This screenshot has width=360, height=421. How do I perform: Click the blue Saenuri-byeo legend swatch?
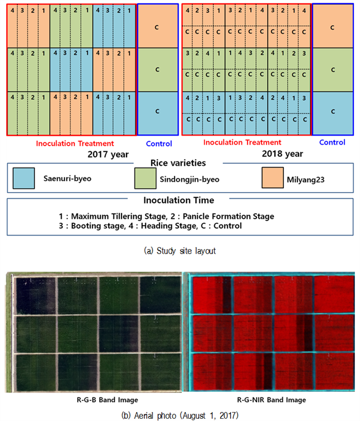click(x=24, y=178)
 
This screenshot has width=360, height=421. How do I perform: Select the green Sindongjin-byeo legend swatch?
click(x=145, y=178)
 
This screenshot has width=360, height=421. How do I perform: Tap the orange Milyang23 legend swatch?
click(x=273, y=177)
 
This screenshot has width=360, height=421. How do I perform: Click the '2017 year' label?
click(x=108, y=155)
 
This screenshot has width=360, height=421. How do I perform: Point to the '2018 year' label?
click(x=282, y=154)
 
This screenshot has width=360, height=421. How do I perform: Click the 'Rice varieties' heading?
click(x=178, y=163)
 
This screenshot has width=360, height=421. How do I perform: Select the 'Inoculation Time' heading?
click(x=179, y=200)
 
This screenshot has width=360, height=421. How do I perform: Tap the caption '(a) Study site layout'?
click(x=180, y=251)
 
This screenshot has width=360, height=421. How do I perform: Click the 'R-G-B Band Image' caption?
click(x=107, y=400)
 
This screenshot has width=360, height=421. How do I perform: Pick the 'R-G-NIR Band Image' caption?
click(x=272, y=400)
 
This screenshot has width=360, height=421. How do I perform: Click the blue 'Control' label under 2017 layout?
click(x=159, y=144)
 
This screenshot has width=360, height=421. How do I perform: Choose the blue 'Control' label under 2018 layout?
click(x=332, y=142)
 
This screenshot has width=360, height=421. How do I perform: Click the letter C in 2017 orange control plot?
click(x=157, y=27)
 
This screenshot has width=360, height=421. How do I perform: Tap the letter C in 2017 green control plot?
click(x=157, y=69)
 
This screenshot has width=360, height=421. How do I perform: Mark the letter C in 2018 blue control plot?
click(x=333, y=111)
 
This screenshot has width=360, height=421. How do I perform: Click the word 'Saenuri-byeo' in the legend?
click(x=67, y=179)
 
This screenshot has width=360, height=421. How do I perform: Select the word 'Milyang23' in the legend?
click(x=306, y=180)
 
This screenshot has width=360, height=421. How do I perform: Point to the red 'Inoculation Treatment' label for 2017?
click(x=75, y=144)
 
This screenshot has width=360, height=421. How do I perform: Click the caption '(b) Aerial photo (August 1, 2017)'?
click(x=180, y=415)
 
